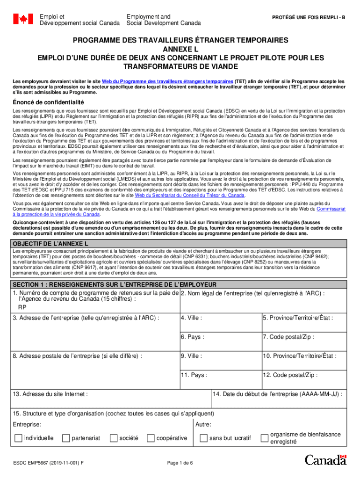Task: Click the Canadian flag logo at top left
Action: click(23, 19)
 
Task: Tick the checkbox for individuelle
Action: click(18, 438)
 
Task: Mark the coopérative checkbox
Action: click(150, 438)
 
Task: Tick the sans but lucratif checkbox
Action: click(203, 438)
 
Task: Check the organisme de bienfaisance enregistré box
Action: click(264, 438)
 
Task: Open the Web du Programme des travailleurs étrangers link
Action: click(167, 81)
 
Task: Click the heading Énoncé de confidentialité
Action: click(48, 102)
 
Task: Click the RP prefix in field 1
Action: click(22, 308)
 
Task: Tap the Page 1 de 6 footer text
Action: click(180, 463)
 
